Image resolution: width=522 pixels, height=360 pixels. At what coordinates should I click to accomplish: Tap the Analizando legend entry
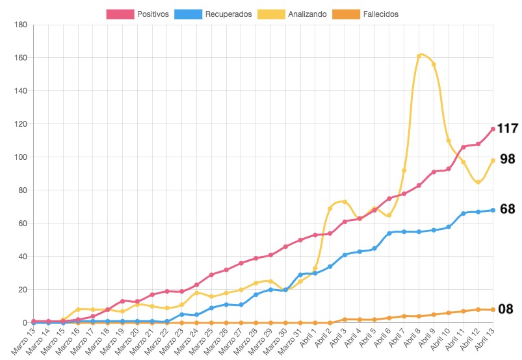[292, 14]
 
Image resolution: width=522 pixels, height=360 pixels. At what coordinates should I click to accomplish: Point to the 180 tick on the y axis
[20, 25]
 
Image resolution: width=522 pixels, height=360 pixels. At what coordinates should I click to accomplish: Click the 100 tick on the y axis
[20, 157]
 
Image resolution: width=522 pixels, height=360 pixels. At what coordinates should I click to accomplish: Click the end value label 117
[507, 129]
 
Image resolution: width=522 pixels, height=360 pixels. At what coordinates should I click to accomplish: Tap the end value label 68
[507, 209]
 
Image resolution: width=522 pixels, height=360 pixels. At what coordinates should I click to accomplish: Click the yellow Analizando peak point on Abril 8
[419, 56]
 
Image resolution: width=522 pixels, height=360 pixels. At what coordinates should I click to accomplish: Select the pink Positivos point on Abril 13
[493, 129]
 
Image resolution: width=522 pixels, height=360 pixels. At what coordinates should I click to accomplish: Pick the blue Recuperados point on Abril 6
[389, 233]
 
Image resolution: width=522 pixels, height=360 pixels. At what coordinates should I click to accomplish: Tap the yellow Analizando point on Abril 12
[478, 182]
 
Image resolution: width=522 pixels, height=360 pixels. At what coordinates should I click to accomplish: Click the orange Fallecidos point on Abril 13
[493, 309]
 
